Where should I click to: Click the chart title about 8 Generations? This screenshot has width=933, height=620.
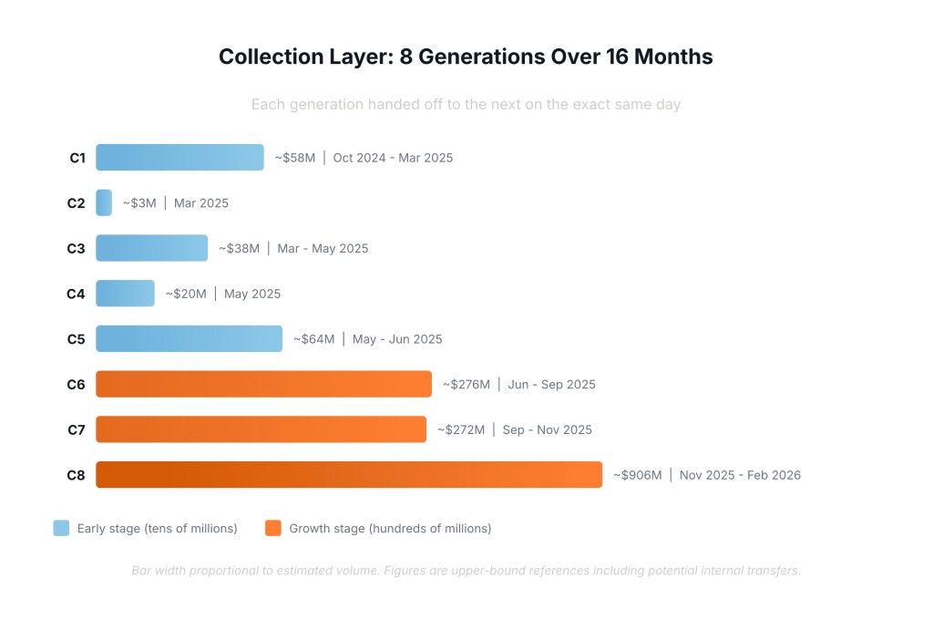click(x=466, y=57)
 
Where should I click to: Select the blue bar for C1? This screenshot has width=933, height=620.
click(x=179, y=158)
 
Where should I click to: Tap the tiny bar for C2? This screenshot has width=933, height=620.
click(x=104, y=202)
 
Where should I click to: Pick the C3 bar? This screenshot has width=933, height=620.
click(x=151, y=248)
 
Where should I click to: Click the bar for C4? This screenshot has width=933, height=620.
click(x=125, y=294)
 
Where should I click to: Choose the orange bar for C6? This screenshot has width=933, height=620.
click(x=263, y=384)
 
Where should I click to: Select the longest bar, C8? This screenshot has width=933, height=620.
click(x=349, y=475)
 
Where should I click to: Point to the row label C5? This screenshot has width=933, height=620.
click(x=76, y=339)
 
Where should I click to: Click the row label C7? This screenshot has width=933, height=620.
click(x=76, y=429)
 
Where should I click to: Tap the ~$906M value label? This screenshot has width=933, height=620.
click(x=637, y=475)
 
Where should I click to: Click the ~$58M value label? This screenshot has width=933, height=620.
click(x=295, y=158)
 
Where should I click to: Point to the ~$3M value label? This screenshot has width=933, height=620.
click(x=139, y=203)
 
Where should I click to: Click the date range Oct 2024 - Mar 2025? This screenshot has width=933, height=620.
click(x=393, y=158)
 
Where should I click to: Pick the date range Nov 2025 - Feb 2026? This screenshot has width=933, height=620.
click(x=740, y=475)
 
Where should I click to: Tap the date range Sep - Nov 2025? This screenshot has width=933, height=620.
click(x=547, y=429)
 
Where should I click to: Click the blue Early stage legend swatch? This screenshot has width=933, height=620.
click(x=61, y=528)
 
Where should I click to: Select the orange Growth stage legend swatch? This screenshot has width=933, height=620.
click(x=272, y=528)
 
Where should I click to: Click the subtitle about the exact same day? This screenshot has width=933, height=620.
click(x=466, y=104)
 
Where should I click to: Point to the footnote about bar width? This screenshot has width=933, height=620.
click(x=466, y=571)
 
